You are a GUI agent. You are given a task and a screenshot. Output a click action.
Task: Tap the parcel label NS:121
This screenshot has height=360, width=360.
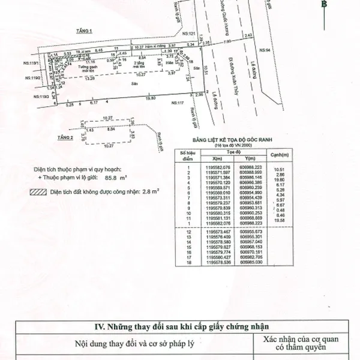pos(188,34)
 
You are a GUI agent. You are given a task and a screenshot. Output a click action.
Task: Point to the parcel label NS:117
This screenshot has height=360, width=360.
pos(178,103)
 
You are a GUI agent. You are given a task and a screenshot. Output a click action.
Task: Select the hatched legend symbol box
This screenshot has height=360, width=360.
pos(37,193)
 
